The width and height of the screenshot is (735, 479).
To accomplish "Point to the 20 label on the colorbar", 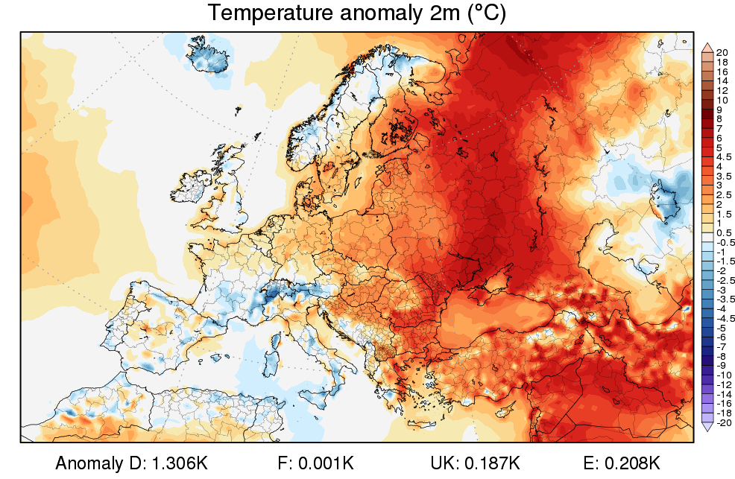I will click(x=722, y=52).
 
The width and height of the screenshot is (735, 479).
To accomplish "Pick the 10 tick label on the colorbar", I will click(x=722, y=100).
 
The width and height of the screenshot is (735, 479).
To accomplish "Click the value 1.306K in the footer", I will click(x=180, y=463).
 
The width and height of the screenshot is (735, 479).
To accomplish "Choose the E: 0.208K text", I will click(x=622, y=463).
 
